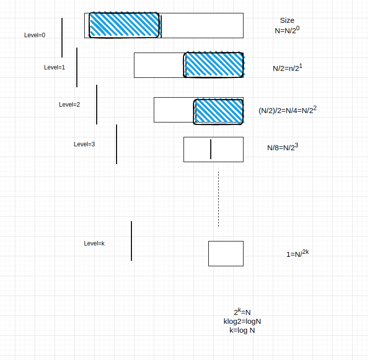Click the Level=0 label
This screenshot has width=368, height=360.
(x=35, y=35)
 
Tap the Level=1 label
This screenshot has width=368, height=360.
(x=55, y=67)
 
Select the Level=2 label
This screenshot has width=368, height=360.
(x=69, y=105)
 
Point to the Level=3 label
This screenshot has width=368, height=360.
(x=84, y=144)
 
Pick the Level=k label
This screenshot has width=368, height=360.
(x=94, y=243)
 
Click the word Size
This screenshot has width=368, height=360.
(x=287, y=21)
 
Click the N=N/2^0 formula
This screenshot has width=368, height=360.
(x=287, y=30)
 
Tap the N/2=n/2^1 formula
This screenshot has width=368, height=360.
(x=287, y=68)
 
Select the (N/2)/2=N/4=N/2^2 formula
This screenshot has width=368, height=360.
(x=287, y=111)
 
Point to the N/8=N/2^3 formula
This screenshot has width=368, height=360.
(x=283, y=147)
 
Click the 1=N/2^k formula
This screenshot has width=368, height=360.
(x=298, y=254)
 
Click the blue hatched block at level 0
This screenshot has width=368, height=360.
(x=124, y=25)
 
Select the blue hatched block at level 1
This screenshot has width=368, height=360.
(x=214, y=65)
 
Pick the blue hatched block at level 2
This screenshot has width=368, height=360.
(x=219, y=111)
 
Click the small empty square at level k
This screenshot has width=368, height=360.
(x=226, y=253)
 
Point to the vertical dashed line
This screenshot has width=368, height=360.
(x=218, y=199)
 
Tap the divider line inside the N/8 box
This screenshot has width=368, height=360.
(x=211, y=149)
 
